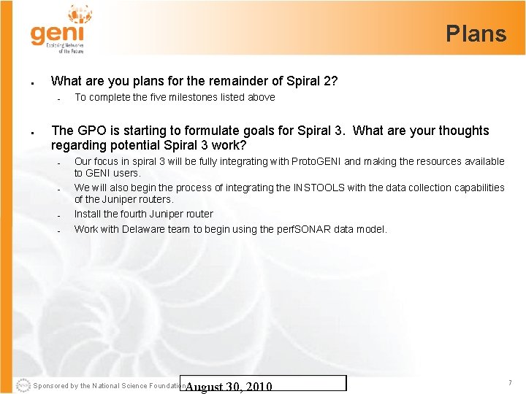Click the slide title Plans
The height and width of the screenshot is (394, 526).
point(476,34)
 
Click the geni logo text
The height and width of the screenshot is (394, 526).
point(57,34)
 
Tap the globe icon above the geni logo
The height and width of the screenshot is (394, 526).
point(80,13)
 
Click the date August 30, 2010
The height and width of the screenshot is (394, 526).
point(228,387)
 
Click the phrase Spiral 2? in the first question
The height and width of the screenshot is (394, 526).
point(310,81)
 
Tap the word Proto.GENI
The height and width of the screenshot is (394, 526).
point(316,161)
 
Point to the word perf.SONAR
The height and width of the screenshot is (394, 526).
point(305,229)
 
